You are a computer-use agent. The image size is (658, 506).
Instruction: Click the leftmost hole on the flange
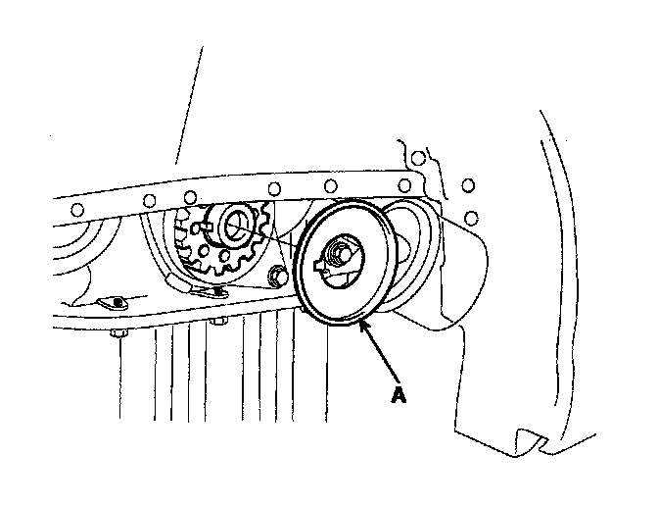tap(73, 208)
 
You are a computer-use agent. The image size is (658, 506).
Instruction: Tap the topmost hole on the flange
tap(418, 158)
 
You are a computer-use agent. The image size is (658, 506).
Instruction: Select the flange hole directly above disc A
tap(331, 185)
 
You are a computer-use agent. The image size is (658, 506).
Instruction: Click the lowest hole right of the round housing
tap(471, 216)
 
